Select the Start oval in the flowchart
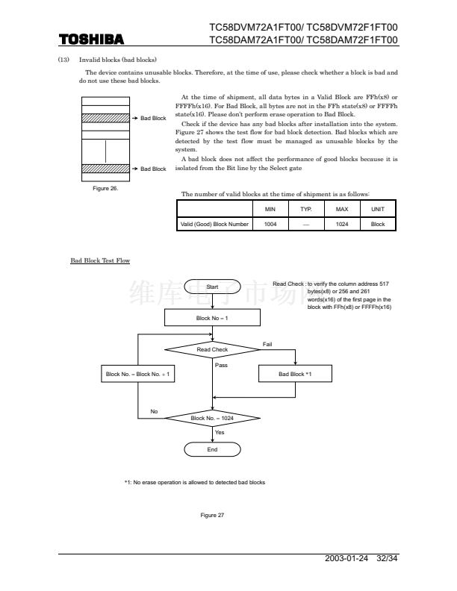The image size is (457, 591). (x=212, y=287)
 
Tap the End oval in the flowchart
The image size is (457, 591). (x=212, y=450)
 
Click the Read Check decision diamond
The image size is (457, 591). (x=212, y=349)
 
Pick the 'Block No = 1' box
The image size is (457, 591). (x=212, y=318)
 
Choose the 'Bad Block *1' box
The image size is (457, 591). (x=295, y=374)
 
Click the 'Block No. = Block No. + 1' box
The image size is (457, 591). (x=138, y=374)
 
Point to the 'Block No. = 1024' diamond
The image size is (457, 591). (x=212, y=419)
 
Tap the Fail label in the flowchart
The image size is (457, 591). (x=268, y=343)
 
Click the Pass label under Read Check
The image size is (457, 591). (x=221, y=365)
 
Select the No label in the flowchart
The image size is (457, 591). (x=154, y=411)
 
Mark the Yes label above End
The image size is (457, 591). (x=220, y=433)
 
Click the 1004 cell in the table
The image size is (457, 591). (x=270, y=223)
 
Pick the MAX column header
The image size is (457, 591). (x=342, y=210)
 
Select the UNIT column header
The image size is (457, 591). (x=378, y=210)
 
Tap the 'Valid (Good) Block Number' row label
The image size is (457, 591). (x=214, y=223)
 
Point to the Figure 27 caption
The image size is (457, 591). (x=212, y=515)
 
